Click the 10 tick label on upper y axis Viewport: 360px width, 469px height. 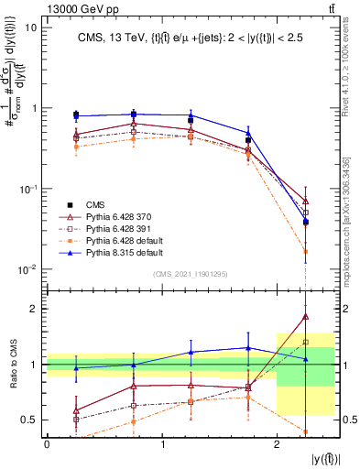pyautogui.click(x=30, y=27)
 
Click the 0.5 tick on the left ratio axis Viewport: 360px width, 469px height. pyautogui.click(x=28, y=420)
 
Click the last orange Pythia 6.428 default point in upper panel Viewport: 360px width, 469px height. pyautogui.click(x=305, y=251)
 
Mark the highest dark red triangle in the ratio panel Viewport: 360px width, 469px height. pyautogui.click(x=305, y=316)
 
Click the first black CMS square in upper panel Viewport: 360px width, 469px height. pyautogui.click(x=76, y=115)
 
